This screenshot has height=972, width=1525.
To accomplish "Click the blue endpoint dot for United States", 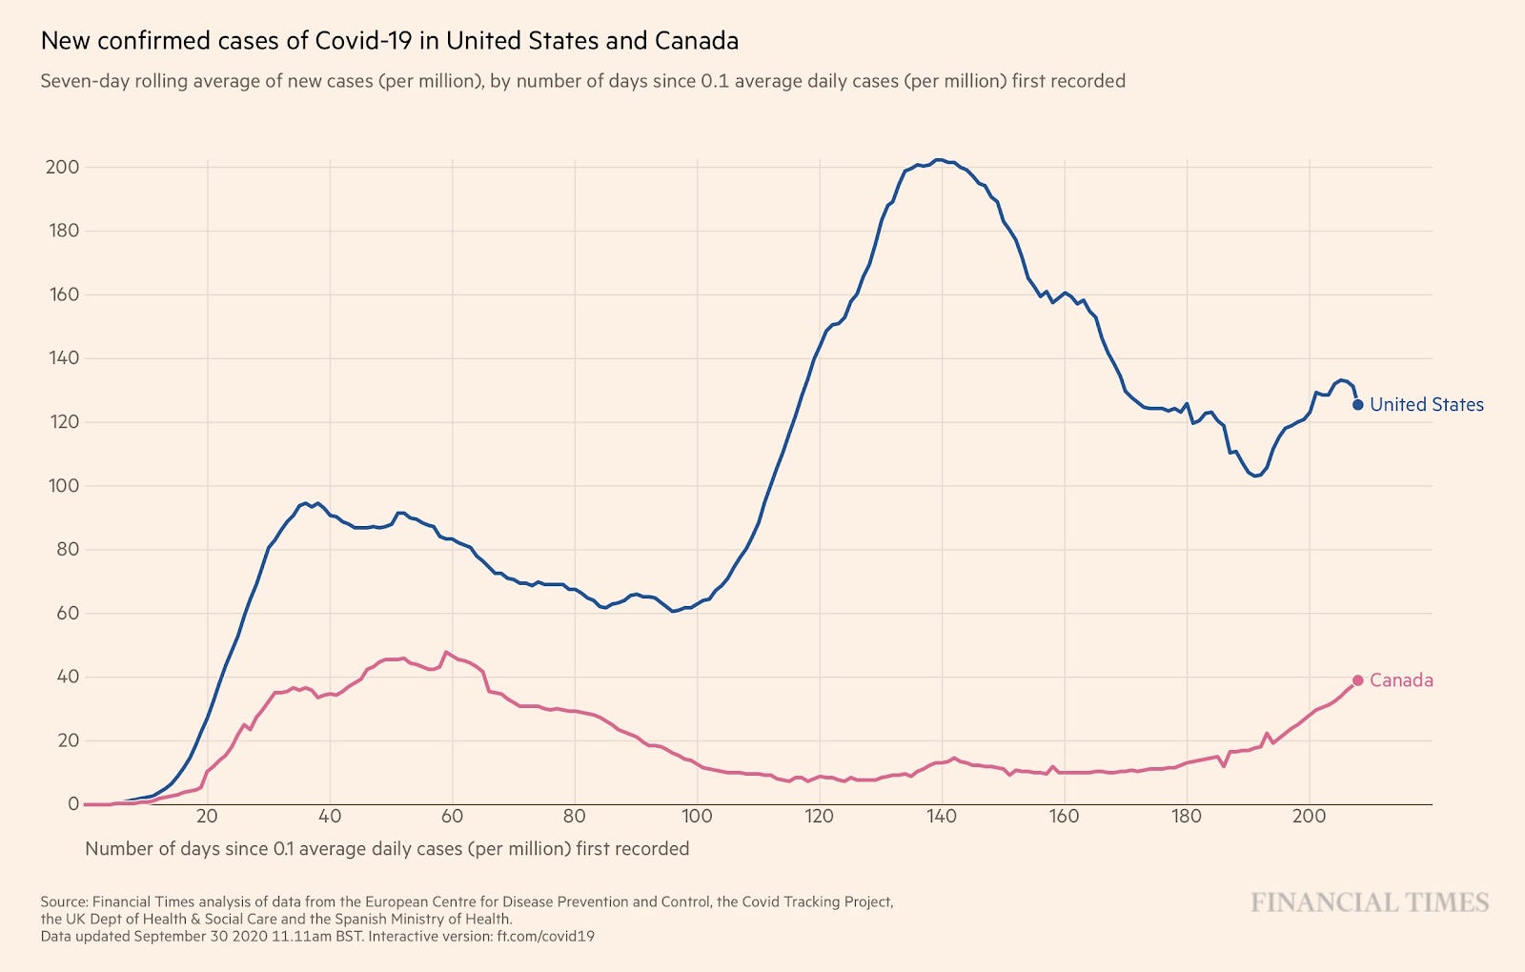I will tap(1358, 405).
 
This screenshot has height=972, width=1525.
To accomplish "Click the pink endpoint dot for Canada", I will tap(1358, 680).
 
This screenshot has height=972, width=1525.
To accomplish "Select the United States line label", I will tap(1426, 405).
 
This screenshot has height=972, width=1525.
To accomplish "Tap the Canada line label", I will tap(1401, 680).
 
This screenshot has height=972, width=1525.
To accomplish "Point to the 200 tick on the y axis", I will tap(62, 167).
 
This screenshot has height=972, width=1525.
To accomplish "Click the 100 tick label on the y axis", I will tap(62, 486).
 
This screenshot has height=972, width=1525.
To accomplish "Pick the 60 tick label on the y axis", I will tap(67, 614).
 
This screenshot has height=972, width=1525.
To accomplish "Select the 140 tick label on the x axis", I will tap(942, 817).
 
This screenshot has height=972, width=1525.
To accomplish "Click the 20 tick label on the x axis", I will tap(207, 817).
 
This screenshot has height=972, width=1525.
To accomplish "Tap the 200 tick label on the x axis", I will tap(1309, 817).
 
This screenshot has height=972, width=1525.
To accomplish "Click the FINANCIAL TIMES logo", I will tap(1370, 902).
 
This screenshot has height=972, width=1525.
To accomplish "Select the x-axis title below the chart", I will tap(387, 849).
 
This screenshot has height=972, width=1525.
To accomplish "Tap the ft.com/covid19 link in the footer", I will tap(545, 937).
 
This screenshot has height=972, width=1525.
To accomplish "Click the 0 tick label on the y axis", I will tap(72, 804).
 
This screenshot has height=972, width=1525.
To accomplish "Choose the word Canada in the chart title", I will tap(696, 41).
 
